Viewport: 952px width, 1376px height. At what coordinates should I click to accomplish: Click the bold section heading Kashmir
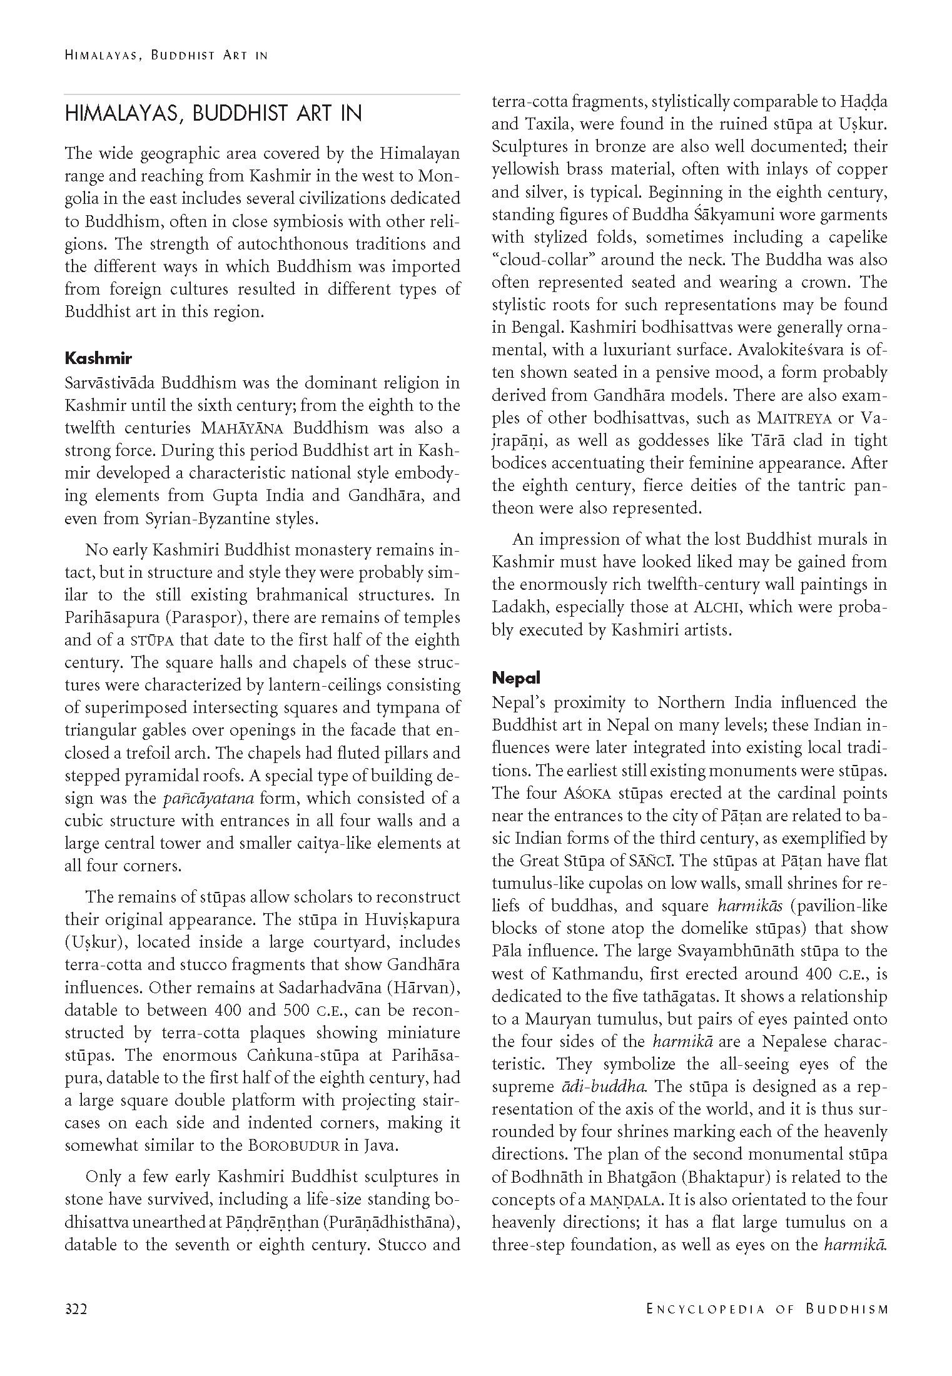click(x=98, y=358)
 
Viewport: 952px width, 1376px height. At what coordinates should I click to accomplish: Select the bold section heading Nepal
click(x=516, y=677)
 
